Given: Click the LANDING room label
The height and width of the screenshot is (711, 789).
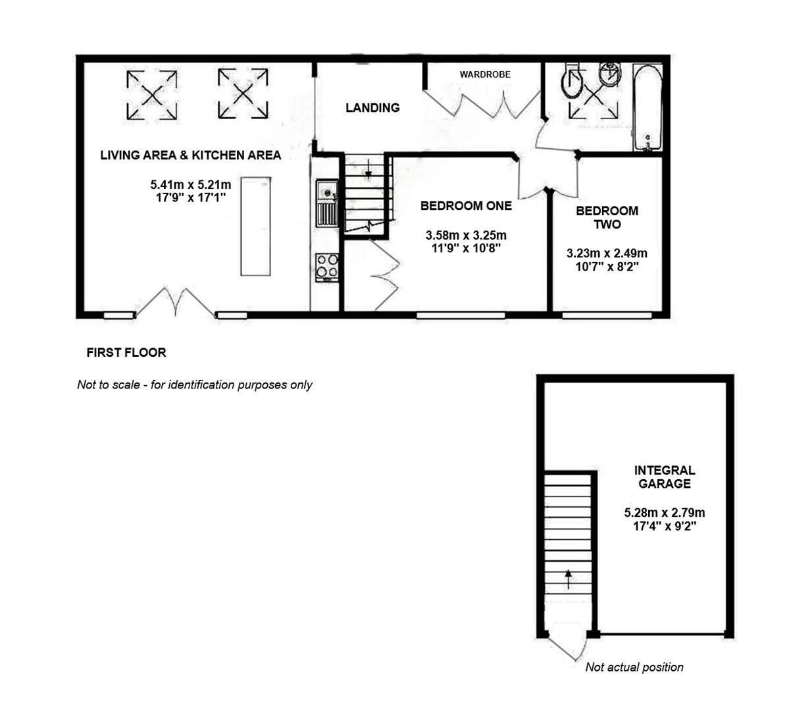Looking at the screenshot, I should click(x=372, y=108).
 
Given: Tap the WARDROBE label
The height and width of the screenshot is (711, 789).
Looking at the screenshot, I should click(x=485, y=74).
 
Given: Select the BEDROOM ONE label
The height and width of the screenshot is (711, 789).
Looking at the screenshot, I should click(x=466, y=205).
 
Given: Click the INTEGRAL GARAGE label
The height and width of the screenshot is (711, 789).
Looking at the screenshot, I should click(x=665, y=477).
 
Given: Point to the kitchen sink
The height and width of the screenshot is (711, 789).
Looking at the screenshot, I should click(x=326, y=203).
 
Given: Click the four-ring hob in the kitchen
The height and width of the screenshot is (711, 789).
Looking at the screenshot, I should click(x=327, y=267).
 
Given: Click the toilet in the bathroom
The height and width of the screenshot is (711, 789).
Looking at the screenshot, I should click(x=573, y=82).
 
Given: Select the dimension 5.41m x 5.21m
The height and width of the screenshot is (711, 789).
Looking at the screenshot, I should click(x=191, y=185).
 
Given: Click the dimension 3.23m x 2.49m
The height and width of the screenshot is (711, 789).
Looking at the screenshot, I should click(x=607, y=253).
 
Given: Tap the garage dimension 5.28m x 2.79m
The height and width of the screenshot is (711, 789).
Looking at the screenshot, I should click(x=665, y=513).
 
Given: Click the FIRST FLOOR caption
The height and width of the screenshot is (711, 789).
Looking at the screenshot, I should click(x=126, y=353).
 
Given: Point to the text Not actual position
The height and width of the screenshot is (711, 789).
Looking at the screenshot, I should click(x=634, y=668).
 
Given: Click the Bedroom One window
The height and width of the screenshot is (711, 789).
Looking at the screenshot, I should click(x=461, y=315).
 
